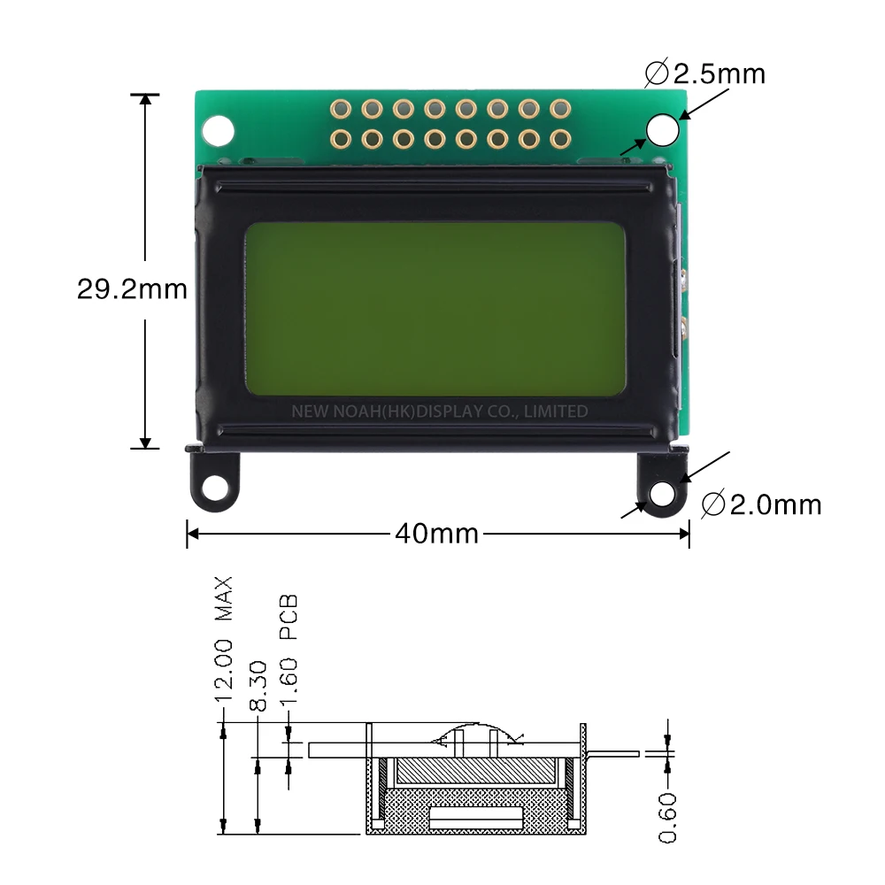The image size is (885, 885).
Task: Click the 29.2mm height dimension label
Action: (132, 289)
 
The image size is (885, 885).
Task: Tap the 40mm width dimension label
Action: (436, 534)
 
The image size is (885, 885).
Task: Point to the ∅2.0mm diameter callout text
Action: (761, 505)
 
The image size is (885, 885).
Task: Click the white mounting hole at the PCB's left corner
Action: (218, 130)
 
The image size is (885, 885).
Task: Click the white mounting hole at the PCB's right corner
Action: (663, 129)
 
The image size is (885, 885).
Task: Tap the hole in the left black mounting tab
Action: (214, 488)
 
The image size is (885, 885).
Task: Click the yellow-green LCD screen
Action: (435, 308)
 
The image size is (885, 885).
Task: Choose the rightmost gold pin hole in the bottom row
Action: (559, 138)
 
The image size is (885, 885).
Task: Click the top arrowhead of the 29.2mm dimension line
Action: (146, 100)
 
